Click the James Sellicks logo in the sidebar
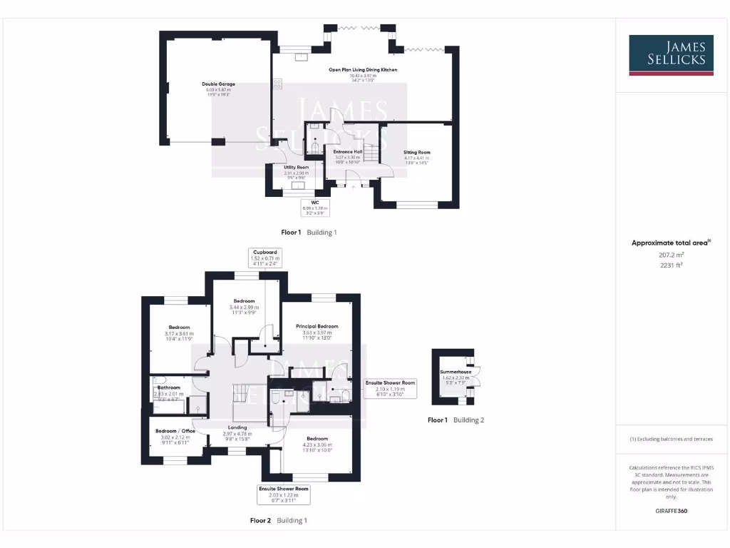point(671,55)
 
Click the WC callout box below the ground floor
point(314,207)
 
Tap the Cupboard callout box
point(264,258)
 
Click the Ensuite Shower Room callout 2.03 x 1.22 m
point(284,494)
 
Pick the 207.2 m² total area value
point(671,254)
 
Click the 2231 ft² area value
point(671,264)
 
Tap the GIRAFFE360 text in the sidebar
point(671,511)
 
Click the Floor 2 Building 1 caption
point(278,521)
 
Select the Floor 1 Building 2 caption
point(456,420)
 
